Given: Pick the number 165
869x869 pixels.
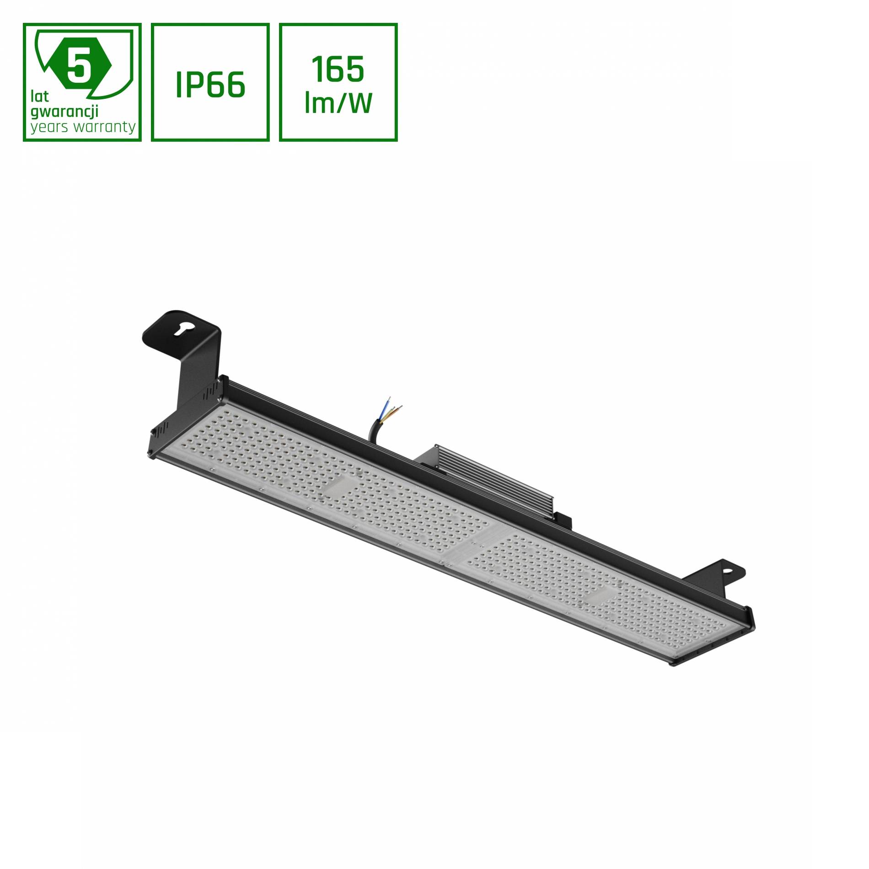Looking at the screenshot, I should pyautogui.click(x=338, y=70).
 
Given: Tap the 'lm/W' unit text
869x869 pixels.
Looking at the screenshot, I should pyautogui.click(x=338, y=103).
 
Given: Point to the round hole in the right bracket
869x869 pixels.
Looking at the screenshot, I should pyautogui.click(x=727, y=571).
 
